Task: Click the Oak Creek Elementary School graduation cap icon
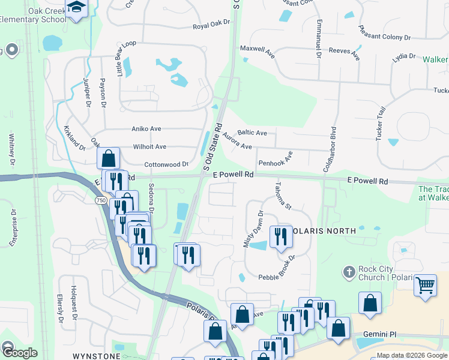[x=76, y=8]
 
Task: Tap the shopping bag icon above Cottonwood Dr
[x=108, y=159]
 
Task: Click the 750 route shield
[x=100, y=200]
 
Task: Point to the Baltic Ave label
[x=252, y=133]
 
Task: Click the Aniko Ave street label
[x=146, y=128]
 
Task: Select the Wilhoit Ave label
[x=149, y=146]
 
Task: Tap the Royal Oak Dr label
[x=211, y=25]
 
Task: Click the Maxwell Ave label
[x=257, y=51]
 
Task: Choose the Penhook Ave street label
[x=276, y=160]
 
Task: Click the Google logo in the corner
[x=20, y=353]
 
